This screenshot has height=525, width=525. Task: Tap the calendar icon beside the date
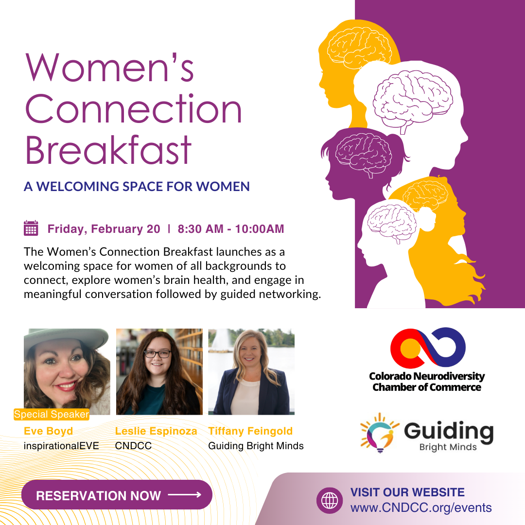pos(31,228)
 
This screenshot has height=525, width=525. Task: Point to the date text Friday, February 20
pos(104,229)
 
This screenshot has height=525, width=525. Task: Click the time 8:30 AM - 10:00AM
pos(231,229)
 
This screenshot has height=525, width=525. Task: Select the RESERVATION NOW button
pos(117,495)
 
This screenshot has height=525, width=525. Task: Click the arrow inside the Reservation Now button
pos(185,495)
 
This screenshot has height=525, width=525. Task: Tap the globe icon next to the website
pos(330,500)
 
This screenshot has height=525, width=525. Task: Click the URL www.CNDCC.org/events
pos(421,508)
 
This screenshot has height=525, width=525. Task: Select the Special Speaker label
pos(52,415)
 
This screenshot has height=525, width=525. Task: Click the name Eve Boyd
pos(48,431)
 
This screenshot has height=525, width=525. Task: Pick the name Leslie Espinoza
pos(156,431)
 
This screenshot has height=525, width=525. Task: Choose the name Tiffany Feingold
pos(250,431)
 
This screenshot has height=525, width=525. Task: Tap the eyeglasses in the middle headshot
pos(157,354)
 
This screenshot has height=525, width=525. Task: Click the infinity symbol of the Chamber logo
pos(428,348)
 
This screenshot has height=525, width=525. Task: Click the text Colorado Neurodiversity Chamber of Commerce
pos(427,382)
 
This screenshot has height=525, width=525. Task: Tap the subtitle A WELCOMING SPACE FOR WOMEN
pos(137,186)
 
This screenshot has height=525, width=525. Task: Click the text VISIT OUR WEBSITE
pos(407,492)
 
